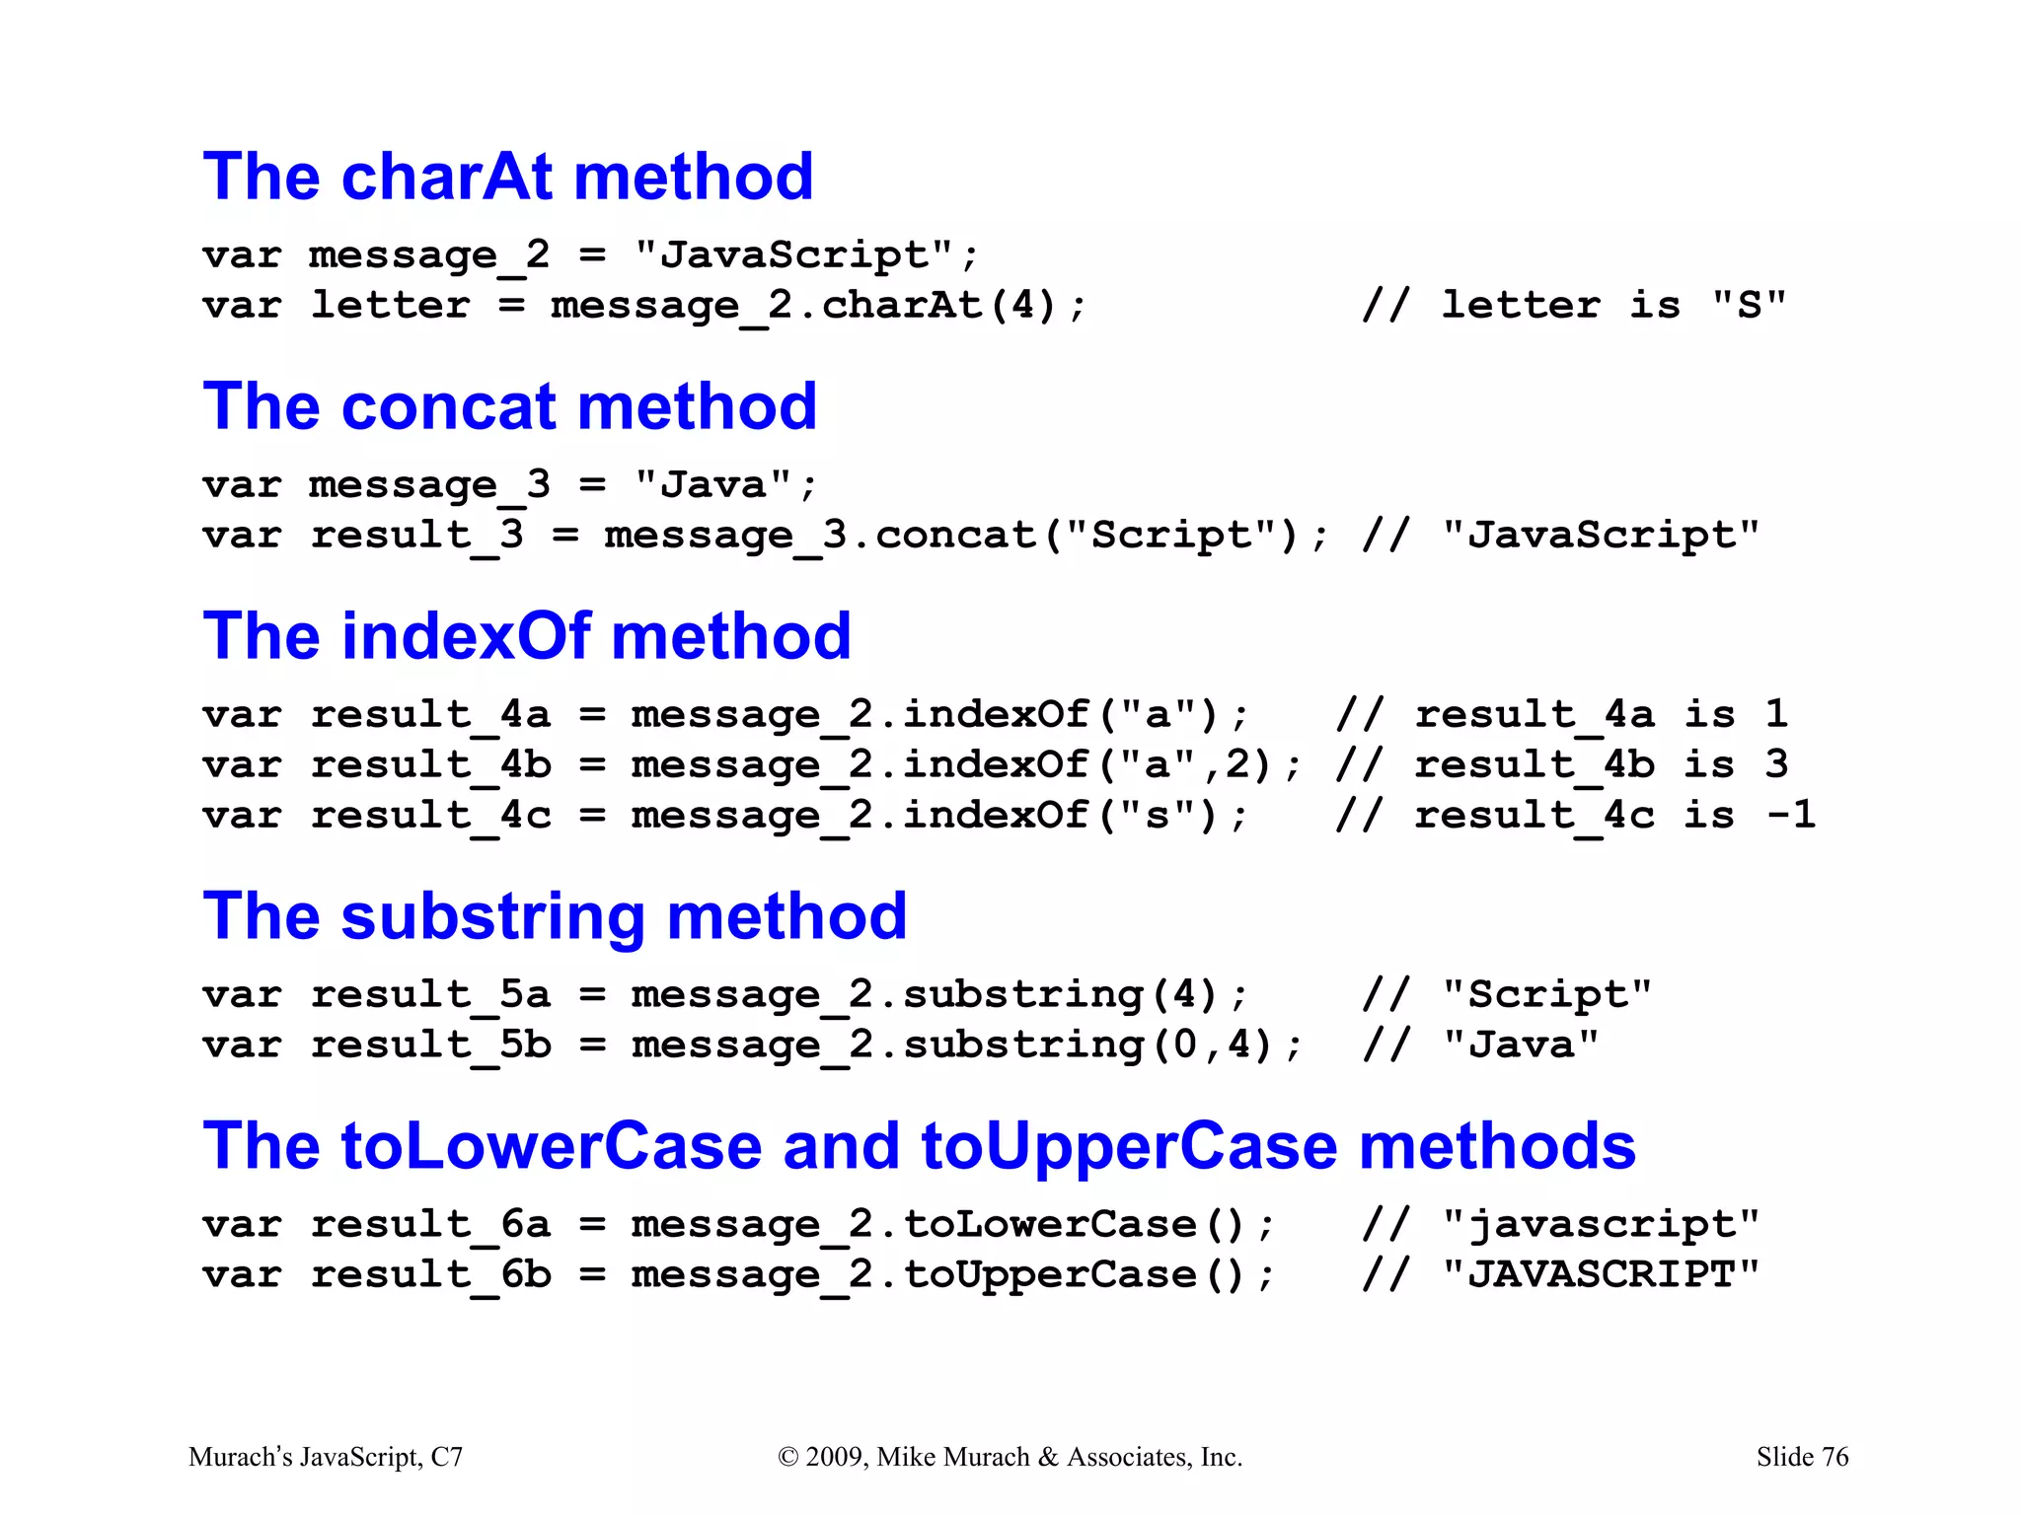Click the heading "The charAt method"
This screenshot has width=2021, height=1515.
(507, 178)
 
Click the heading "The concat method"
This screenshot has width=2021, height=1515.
(509, 406)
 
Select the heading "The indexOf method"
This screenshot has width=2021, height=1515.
(526, 636)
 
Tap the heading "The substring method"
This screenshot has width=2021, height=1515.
(554, 916)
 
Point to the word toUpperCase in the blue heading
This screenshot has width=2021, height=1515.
(1128, 1146)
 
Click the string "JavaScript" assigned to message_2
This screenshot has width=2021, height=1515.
(793, 255)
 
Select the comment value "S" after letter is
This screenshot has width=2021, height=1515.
(1749, 306)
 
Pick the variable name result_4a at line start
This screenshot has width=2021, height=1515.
(430, 715)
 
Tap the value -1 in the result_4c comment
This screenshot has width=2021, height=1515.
(1790, 816)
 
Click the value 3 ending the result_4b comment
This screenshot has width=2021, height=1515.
(1776, 765)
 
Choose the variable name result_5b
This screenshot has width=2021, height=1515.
(430, 1046)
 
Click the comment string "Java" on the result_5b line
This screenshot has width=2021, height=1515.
(1520, 1046)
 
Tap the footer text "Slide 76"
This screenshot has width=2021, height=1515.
(1802, 1457)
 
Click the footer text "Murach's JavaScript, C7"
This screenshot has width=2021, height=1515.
(326, 1457)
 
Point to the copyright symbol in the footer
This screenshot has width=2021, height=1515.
(787, 1458)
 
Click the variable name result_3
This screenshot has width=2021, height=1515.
(416, 536)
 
